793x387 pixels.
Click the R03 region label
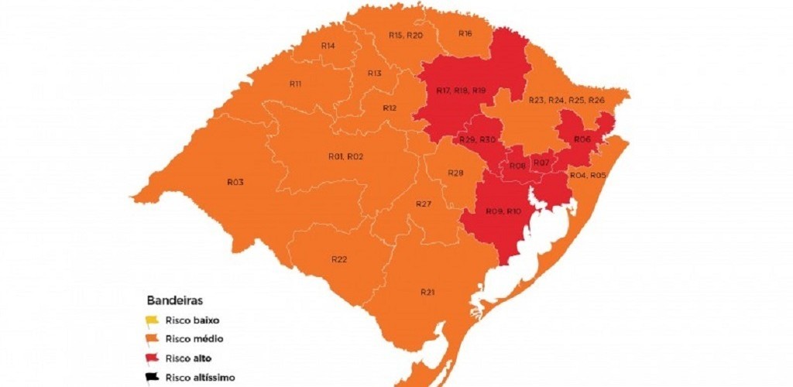pos(235,182)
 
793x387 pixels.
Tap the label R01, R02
pos(345,156)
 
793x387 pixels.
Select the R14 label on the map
pos(328,46)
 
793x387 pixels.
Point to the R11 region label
pos(295,84)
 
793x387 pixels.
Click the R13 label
pos(374,74)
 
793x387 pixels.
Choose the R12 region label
pos(390,108)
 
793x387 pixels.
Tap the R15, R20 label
pos(405,36)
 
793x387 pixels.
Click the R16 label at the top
pos(465,33)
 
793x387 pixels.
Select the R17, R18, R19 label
pos(461,91)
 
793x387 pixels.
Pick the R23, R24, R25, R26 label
pos(566,101)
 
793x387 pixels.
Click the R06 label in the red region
pos(582,139)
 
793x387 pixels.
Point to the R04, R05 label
pos(588,176)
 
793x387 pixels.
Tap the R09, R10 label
pos(503,211)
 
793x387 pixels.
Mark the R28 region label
pos(455,173)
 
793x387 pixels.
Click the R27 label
pos(423,204)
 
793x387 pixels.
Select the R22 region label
pos(338,259)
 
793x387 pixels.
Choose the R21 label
pos(427,292)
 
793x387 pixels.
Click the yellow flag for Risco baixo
pos(151,320)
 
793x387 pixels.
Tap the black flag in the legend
pos(151,378)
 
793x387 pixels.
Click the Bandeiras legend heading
pos(170,300)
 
